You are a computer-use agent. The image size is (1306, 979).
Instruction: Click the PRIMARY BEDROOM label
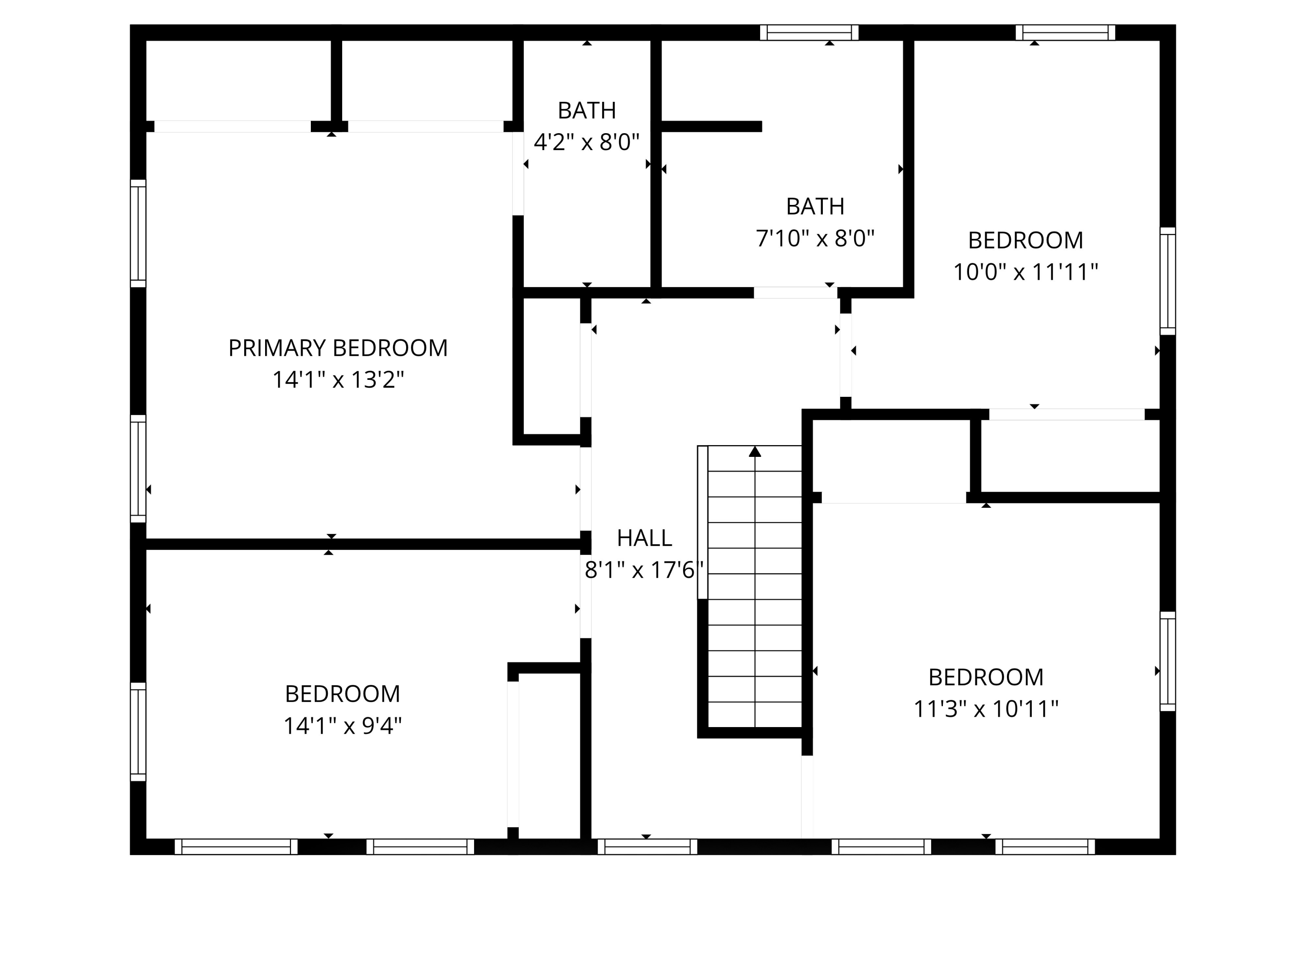click(338, 348)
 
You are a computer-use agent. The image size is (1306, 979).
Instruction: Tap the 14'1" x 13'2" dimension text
click(338, 379)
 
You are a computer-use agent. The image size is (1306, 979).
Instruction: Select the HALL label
click(644, 538)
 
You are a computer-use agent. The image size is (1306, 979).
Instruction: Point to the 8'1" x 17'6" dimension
click(644, 570)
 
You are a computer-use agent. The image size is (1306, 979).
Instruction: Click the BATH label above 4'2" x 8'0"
click(587, 111)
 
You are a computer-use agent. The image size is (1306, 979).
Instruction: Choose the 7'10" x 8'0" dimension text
click(815, 238)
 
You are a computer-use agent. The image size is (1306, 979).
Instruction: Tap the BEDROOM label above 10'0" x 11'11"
click(1026, 240)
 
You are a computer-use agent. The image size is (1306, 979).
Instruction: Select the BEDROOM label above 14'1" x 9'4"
click(343, 694)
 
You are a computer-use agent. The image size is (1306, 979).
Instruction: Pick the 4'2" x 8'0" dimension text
click(587, 142)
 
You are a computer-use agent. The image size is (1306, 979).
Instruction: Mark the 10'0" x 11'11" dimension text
click(1026, 272)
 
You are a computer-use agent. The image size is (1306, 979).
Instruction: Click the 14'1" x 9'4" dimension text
click(343, 726)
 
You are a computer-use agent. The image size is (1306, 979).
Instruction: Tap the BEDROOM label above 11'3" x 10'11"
click(986, 677)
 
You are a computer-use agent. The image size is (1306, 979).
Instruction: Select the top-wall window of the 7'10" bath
click(809, 33)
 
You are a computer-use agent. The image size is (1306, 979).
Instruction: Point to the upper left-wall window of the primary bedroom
click(138, 233)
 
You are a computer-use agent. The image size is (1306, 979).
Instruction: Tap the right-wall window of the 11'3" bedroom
click(1168, 661)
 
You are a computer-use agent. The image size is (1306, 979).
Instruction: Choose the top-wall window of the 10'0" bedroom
click(1065, 33)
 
